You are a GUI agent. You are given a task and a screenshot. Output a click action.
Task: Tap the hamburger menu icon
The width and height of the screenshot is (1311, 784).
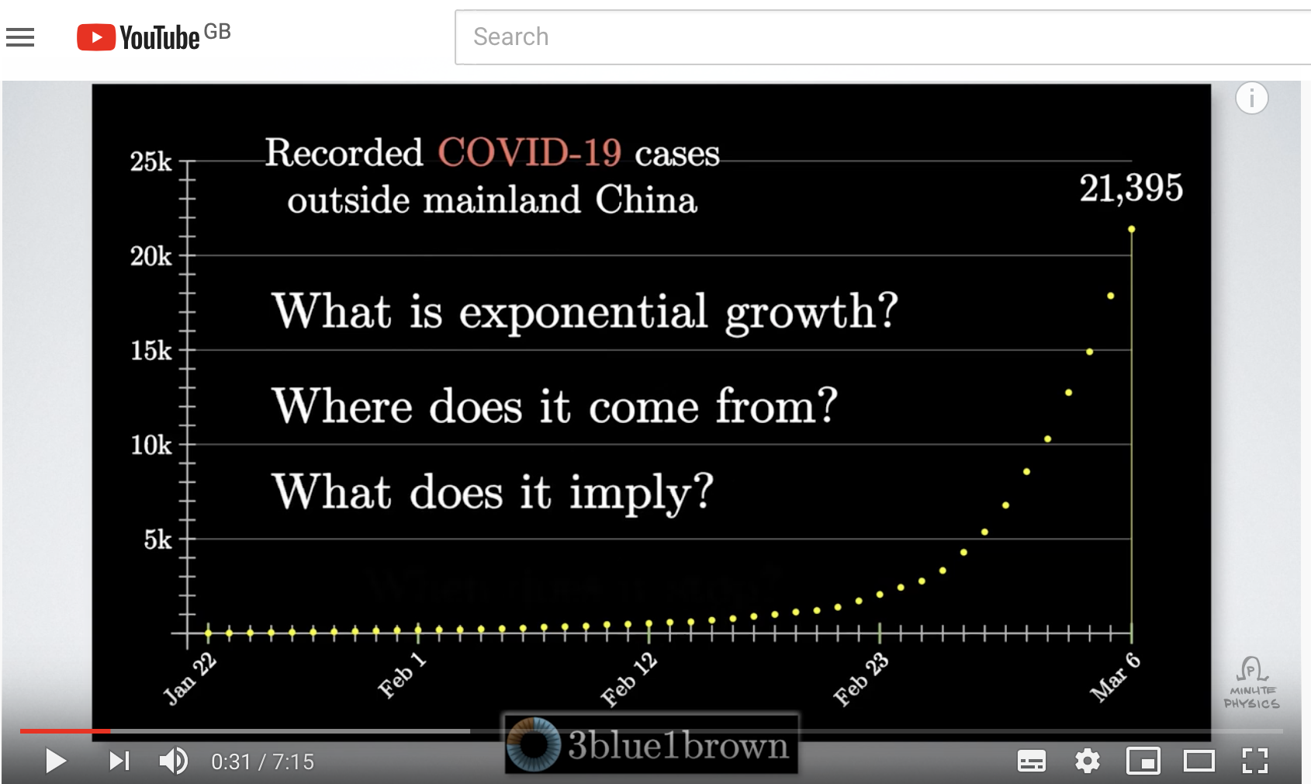(20, 37)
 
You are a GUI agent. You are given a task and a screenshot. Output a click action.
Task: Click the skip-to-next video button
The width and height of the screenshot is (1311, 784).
(119, 761)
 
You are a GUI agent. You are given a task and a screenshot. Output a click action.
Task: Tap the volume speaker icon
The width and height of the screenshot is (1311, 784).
(173, 761)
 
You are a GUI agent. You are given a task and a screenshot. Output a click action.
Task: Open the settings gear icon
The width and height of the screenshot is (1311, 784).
(1087, 761)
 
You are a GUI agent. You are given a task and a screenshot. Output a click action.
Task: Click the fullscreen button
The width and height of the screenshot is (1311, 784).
(1255, 761)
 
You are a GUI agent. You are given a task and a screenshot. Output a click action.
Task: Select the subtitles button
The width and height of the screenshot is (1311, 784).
(1031, 761)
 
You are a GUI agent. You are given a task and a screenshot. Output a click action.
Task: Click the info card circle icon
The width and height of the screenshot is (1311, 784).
(1252, 98)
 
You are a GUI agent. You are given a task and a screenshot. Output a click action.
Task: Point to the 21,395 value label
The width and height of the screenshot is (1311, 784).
(1131, 188)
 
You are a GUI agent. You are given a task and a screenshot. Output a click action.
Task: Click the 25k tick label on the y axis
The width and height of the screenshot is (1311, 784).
(151, 161)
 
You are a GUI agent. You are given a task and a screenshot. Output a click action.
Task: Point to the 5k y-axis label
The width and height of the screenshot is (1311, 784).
(158, 539)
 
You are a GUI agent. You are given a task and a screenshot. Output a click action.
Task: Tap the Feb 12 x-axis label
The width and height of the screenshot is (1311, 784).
(629, 680)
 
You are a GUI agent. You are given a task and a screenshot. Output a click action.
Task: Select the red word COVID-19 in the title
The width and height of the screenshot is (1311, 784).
(530, 152)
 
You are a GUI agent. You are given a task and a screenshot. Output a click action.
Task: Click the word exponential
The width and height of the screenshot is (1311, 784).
(583, 314)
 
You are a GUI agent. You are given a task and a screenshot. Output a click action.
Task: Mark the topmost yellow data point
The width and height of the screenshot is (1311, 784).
(1131, 229)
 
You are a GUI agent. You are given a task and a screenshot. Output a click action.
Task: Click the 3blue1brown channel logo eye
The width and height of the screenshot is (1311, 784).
(533, 744)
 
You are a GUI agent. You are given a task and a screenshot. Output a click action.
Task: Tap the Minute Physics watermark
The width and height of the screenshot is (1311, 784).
(1251, 683)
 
